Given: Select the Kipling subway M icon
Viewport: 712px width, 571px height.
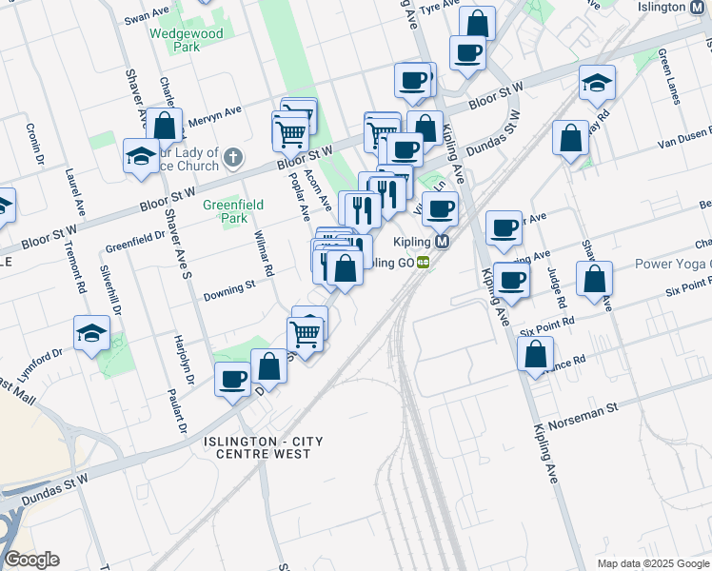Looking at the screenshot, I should click(x=443, y=241).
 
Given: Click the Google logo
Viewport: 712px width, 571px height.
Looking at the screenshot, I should click(x=31, y=560).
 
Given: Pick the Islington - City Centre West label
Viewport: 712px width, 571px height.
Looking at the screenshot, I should click(x=257, y=447).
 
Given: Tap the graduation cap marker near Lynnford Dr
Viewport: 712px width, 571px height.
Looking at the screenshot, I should click(x=91, y=334).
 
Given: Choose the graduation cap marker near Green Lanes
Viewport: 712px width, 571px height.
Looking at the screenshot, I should click(x=597, y=83).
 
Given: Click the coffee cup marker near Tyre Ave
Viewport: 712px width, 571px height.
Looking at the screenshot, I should click(x=466, y=52).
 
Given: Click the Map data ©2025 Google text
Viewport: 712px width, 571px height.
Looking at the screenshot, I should click(x=652, y=563).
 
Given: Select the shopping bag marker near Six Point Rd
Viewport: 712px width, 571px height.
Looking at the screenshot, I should click(x=594, y=279).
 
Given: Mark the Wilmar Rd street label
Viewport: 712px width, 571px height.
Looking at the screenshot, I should click(x=263, y=255).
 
